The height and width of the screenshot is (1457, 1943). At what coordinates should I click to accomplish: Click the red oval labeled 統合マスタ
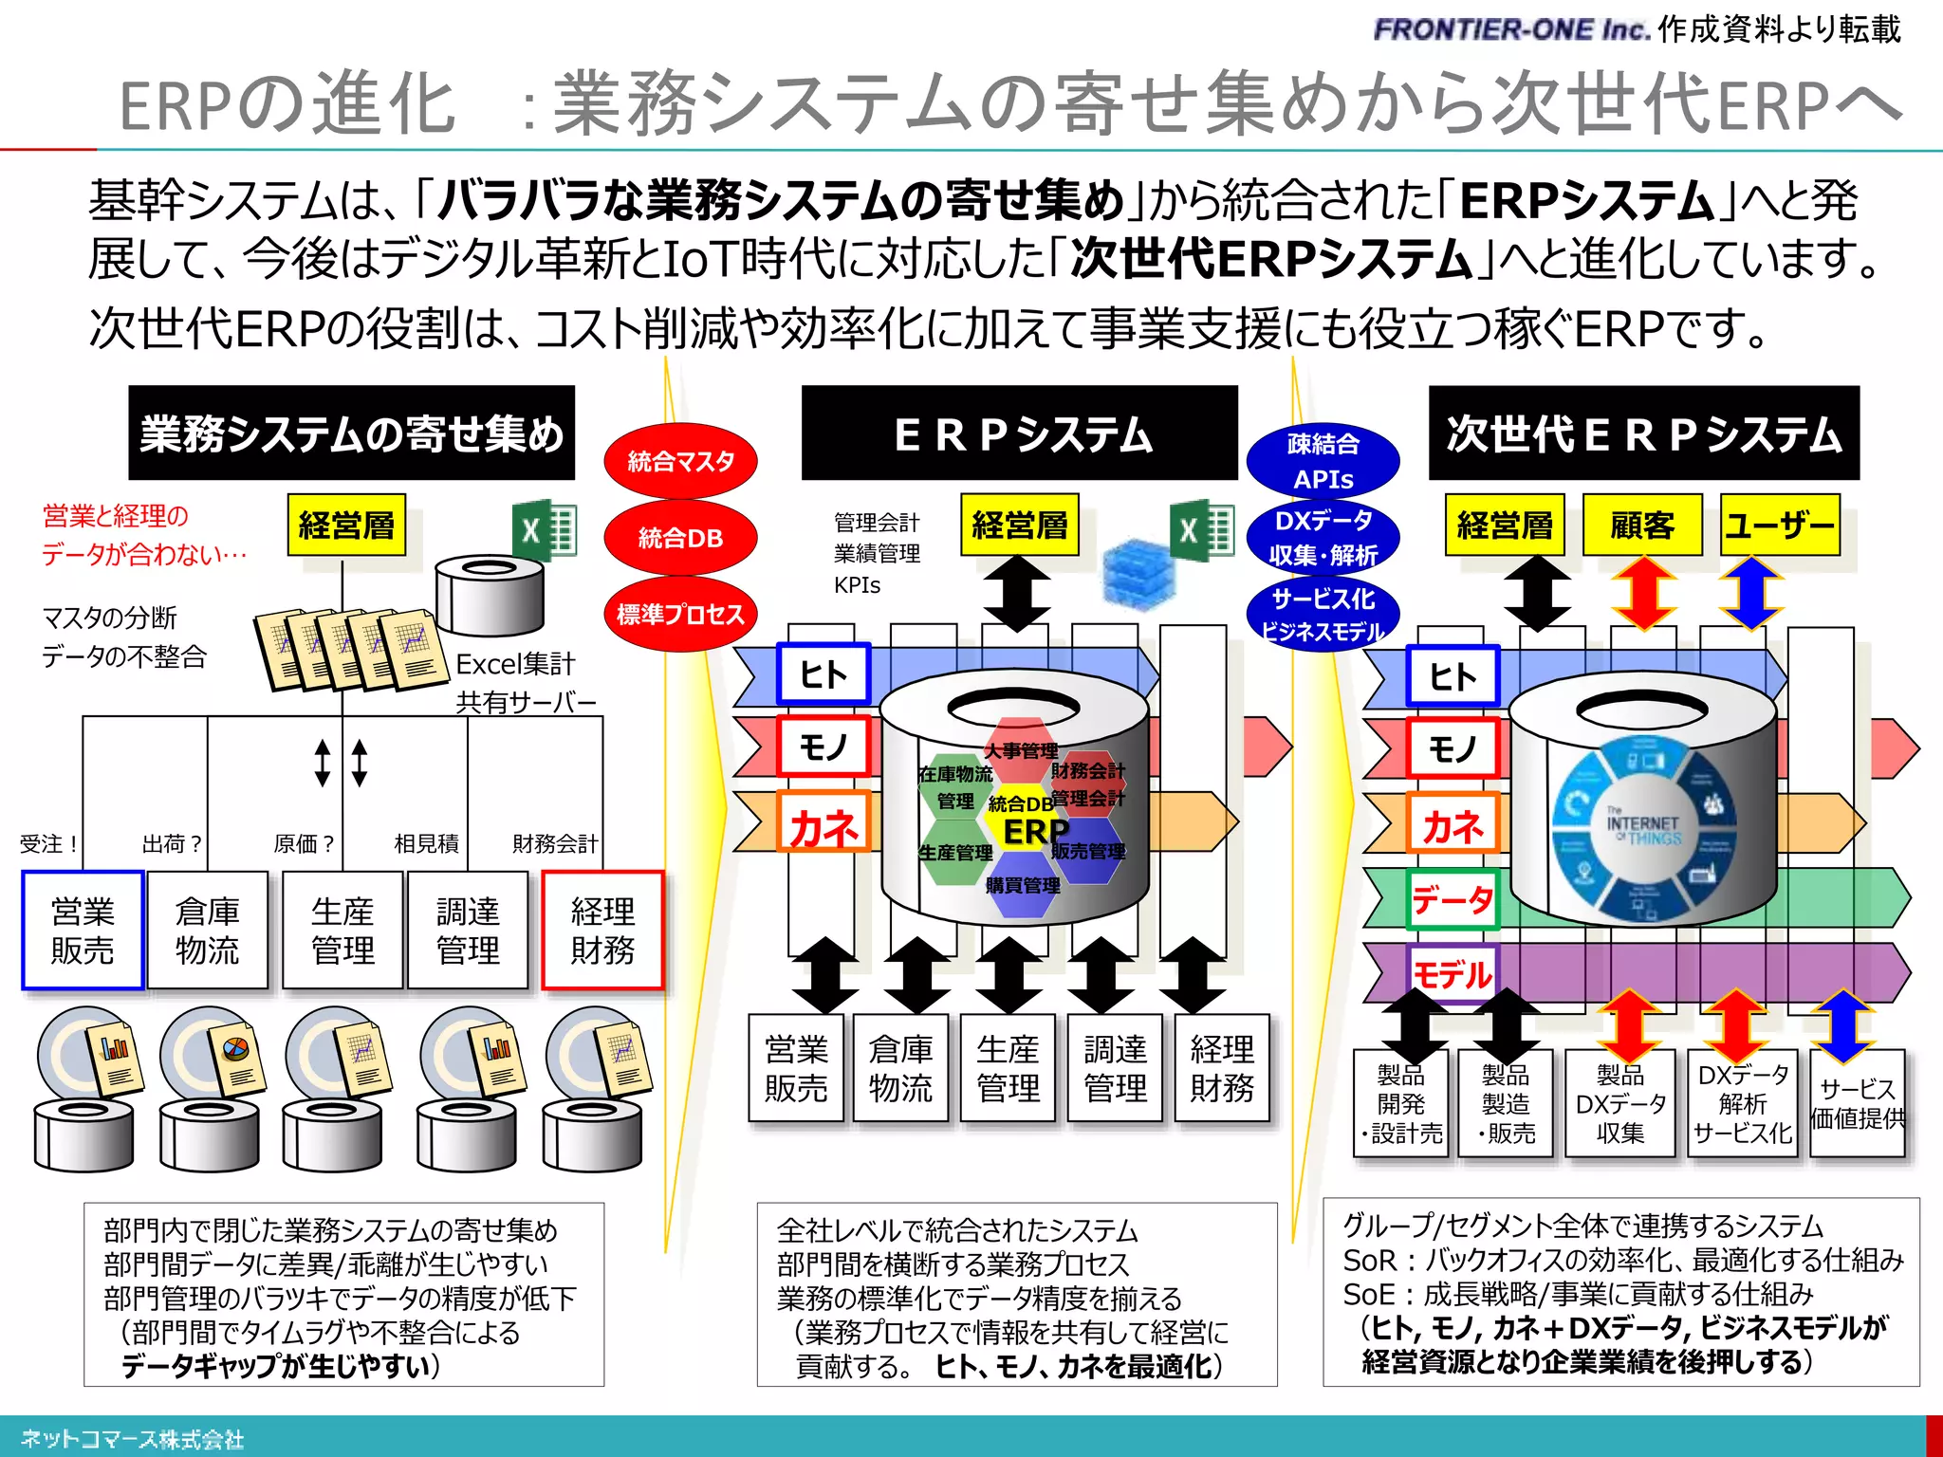(x=680, y=461)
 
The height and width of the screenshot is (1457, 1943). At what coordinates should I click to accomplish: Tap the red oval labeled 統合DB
(x=680, y=538)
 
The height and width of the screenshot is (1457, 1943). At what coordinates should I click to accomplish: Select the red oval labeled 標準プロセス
(x=680, y=614)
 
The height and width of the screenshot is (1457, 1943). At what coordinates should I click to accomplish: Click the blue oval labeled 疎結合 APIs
(x=1323, y=461)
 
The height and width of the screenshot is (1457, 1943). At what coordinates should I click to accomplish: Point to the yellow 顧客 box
(x=1642, y=525)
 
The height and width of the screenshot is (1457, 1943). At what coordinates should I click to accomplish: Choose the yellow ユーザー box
(x=1780, y=525)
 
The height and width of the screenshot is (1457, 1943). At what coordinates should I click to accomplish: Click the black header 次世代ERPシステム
(x=1643, y=433)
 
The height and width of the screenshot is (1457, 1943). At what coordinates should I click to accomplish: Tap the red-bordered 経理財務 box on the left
(x=602, y=931)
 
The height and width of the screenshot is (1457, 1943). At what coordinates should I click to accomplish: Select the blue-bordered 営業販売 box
(x=83, y=931)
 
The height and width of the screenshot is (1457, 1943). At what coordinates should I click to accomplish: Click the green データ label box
(x=1453, y=898)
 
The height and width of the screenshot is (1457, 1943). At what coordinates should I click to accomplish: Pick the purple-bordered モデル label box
(x=1453, y=974)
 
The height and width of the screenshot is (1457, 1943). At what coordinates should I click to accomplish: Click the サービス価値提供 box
(x=1857, y=1103)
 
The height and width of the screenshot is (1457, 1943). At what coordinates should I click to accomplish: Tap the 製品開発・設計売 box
(x=1401, y=1103)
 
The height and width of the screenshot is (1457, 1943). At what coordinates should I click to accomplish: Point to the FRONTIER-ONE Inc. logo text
(x=1512, y=29)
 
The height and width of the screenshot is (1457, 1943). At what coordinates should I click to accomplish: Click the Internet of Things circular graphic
(x=1643, y=825)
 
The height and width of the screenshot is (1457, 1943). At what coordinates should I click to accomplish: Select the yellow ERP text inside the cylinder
(x=1035, y=831)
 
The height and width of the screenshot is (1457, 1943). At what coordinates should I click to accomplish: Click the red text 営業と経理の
(x=116, y=516)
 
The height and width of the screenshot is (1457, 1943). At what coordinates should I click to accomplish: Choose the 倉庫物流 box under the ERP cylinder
(x=900, y=1068)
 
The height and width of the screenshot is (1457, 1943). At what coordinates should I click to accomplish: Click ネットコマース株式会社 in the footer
(x=133, y=1439)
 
